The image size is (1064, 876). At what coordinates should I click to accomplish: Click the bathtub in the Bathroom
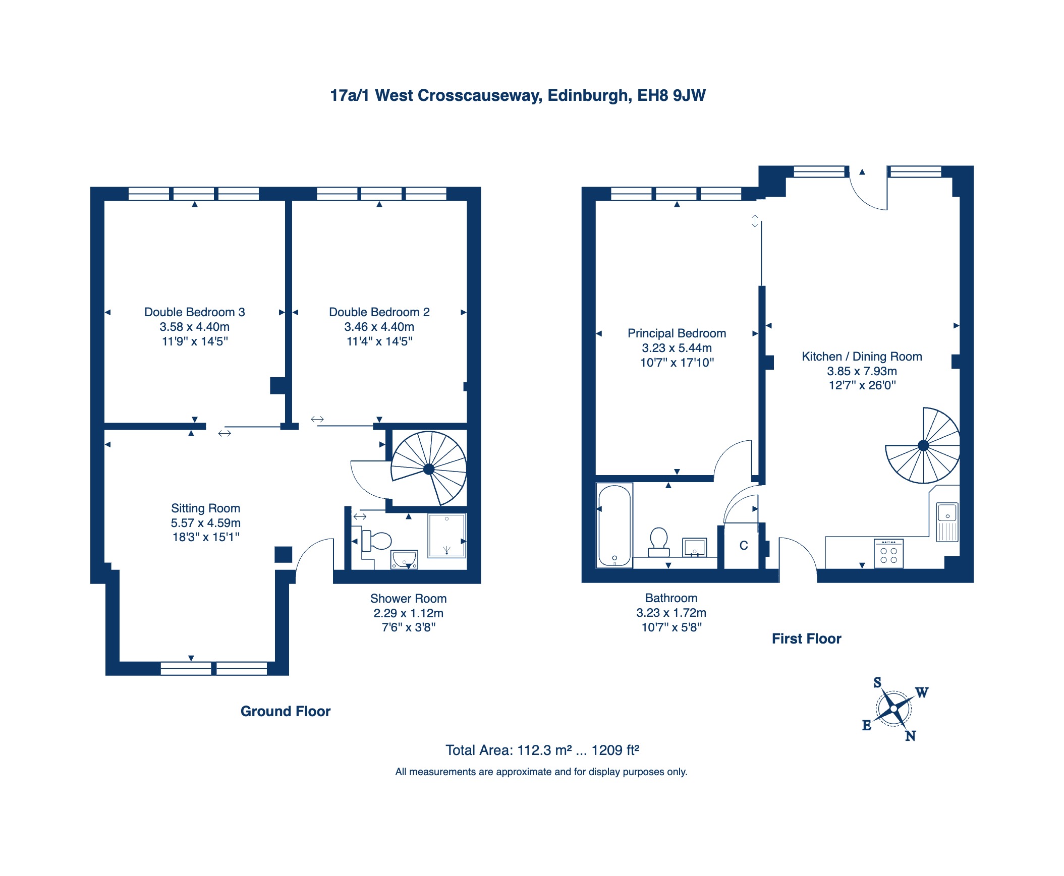tap(614, 525)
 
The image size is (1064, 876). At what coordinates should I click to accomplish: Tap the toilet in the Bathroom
tap(659, 542)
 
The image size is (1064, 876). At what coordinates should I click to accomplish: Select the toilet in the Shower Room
tap(376, 541)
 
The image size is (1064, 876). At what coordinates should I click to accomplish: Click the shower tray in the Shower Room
tap(446, 536)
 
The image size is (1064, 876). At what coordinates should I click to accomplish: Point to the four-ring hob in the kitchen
tap(888, 554)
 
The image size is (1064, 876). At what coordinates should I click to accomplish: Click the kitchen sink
tap(947, 522)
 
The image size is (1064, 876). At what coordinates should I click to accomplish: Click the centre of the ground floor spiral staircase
tap(429, 470)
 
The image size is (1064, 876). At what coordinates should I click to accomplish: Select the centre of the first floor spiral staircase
tap(923, 446)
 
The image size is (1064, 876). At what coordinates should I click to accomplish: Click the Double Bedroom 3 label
tap(195, 312)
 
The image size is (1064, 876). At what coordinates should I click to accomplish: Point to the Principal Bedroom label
tap(677, 333)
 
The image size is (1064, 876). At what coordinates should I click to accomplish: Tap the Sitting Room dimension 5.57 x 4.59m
tap(205, 523)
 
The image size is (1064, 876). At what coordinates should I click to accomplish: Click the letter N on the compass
tap(910, 736)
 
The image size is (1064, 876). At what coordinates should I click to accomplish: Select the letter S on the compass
tap(877, 683)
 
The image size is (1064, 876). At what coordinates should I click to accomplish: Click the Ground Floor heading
tap(286, 712)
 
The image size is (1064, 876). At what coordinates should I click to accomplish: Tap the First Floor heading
tap(807, 639)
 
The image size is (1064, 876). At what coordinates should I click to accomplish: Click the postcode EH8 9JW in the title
tap(671, 95)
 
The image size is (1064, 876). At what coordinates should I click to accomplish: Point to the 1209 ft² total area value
tap(615, 750)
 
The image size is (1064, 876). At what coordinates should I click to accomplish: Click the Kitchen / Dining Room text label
tap(862, 357)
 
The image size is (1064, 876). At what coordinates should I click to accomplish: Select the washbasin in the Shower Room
tap(404, 560)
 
